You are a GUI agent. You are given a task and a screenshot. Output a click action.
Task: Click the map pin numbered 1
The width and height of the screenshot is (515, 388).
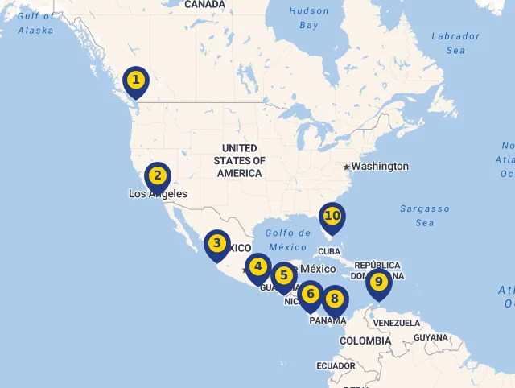pyautogui.click(x=136, y=80)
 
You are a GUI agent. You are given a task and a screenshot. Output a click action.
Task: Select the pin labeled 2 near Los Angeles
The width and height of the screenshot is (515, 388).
pyautogui.click(x=158, y=175)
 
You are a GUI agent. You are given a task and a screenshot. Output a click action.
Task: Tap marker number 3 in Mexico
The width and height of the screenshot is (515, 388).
pyautogui.click(x=216, y=243)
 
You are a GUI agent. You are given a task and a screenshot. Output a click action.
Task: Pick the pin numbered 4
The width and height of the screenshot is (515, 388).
pyautogui.click(x=257, y=266)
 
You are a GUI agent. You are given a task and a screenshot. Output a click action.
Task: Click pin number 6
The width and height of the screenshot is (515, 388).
pyautogui.click(x=311, y=294)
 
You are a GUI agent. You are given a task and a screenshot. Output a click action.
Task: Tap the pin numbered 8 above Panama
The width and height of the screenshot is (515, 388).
pyautogui.click(x=335, y=299)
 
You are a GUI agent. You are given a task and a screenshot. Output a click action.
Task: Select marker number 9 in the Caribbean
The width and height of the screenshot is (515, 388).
pyautogui.click(x=378, y=282)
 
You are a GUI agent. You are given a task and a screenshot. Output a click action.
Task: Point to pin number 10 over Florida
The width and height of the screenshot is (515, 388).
pyautogui.click(x=332, y=216)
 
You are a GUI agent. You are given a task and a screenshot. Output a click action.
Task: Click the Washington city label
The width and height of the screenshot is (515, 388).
pyautogui.click(x=380, y=167)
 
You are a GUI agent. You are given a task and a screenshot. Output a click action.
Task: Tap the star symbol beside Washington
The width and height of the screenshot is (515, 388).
pyautogui.click(x=346, y=167)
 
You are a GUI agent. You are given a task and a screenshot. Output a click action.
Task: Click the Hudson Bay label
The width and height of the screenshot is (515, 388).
pyautogui.click(x=309, y=19)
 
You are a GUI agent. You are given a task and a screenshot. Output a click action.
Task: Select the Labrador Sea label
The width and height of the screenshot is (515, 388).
pyautogui.click(x=455, y=43)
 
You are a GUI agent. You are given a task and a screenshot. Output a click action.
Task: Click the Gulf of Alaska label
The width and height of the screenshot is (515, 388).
pyautogui.click(x=36, y=23)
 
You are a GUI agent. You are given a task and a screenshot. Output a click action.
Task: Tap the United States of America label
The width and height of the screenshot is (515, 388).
pyautogui.click(x=240, y=160)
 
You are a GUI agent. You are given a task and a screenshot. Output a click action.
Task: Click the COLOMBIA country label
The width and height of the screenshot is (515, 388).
pyautogui.click(x=365, y=341)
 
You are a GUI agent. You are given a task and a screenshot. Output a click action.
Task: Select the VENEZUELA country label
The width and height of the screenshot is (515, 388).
pyautogui.click(x=398, y=323)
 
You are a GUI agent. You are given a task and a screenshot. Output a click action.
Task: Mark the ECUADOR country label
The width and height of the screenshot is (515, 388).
pyautogui.click(x=336, y=365)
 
